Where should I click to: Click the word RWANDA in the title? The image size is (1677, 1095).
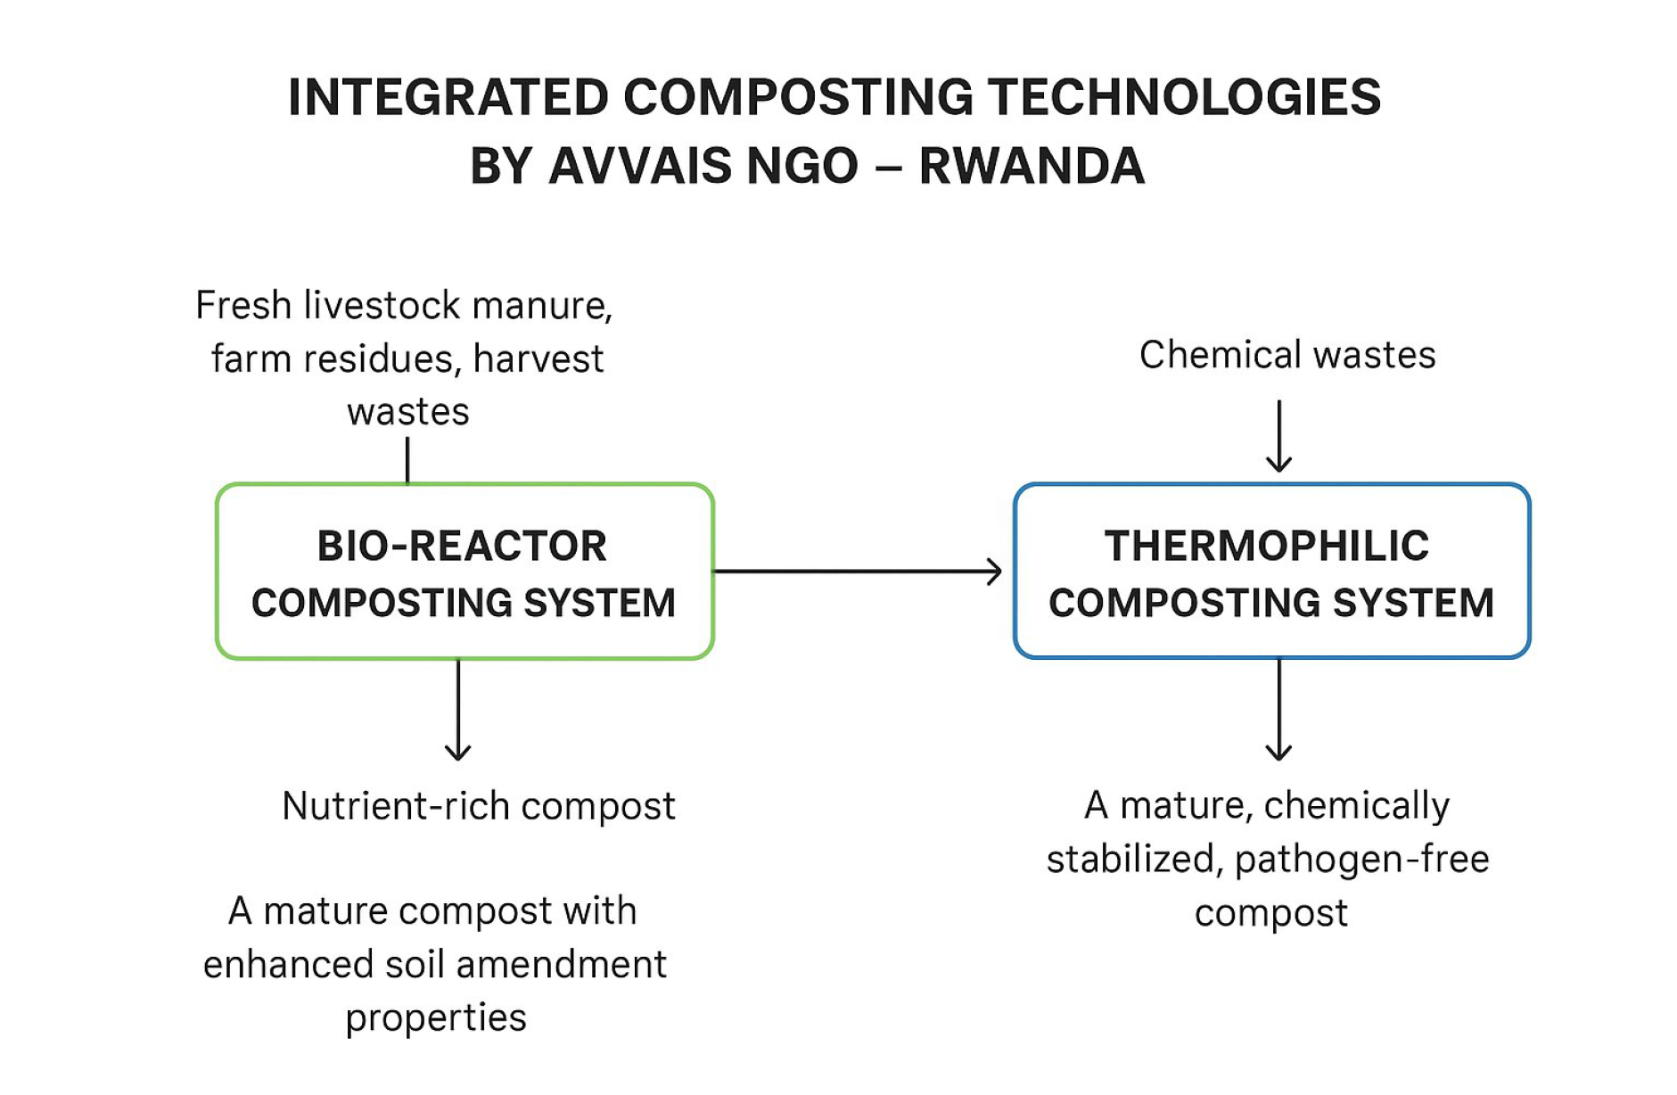(1032, 166)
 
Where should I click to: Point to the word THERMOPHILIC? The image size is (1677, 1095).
(1266, 546)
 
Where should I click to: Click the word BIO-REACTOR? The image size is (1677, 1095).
(462, 546)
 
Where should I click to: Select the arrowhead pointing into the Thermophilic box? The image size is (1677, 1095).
(993, 572)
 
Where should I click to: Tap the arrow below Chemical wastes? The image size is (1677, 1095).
(1278, 437)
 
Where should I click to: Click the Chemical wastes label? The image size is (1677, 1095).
(1287, 355)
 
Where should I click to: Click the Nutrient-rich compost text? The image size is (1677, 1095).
(478, 806)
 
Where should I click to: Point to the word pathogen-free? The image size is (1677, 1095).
(1361, 860)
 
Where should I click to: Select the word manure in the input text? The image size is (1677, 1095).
(541, 306)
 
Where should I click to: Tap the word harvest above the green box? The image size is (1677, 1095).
(538, 359)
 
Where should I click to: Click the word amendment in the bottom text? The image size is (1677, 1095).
(561, 965)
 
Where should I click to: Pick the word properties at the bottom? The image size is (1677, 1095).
(436, 1018)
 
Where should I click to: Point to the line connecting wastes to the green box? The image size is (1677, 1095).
(407, 460)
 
